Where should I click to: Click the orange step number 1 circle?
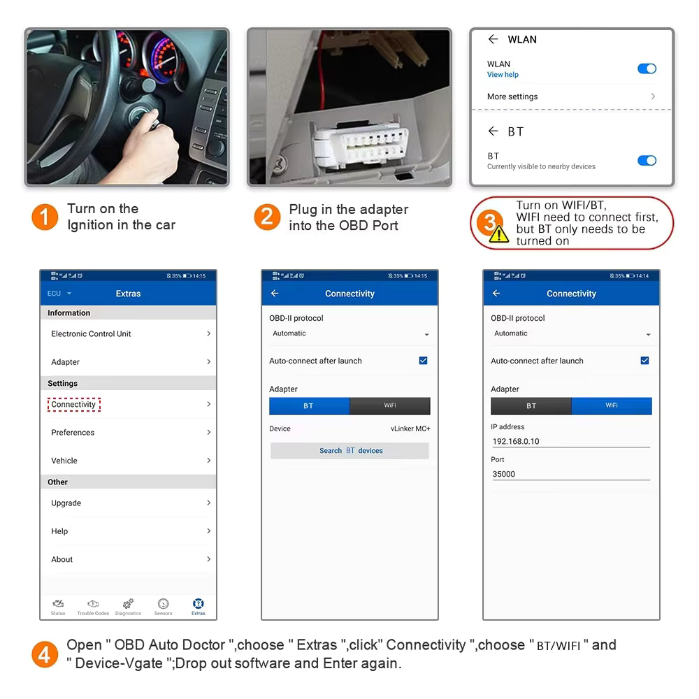[x=44, y=217]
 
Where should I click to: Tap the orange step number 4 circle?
[x=44, y=655]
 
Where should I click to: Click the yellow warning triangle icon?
[x=499, y=234]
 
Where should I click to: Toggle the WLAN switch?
[x=647, y=69]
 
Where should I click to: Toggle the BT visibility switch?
[x=647, y=161]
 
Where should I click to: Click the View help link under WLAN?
[x=503, y=75]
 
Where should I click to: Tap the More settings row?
[x=570, y=96]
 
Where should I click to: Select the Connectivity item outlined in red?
[x=74, y=405]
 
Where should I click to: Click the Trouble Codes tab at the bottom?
[x=93, y=606]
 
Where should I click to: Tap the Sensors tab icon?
[x=163, y=606]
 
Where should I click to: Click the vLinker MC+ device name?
[x=410, y=428]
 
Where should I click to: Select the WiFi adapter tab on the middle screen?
[x=389, y=406]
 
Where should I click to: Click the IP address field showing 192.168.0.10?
[x=570, y=442]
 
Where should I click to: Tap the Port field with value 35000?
[x=570, y=474]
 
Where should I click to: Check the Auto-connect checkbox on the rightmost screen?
[x=644, y=361]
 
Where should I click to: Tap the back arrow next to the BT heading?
[x=493, y=131]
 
